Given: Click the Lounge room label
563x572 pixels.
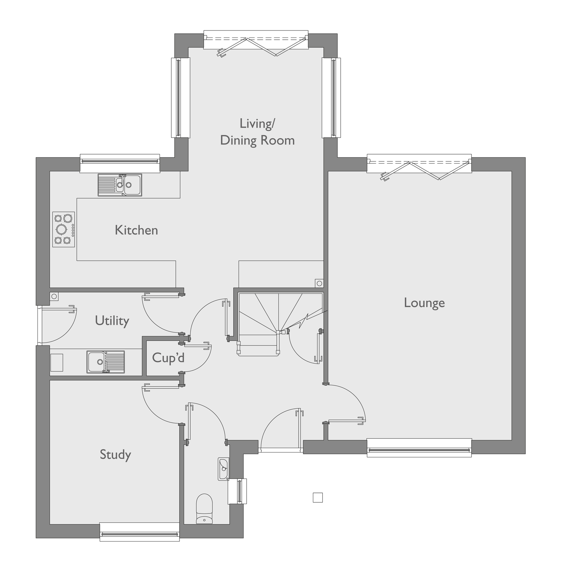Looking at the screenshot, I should [x=424, y=303].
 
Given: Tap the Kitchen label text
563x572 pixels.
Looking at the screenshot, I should [x=136, y=230].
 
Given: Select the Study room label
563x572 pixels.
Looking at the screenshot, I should [x=115, y=454].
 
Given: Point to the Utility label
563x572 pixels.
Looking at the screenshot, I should [x=112, y=321].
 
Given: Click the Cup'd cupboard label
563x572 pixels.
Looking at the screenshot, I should [x=168, y=358].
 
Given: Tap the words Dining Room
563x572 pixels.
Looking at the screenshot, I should [x=257, y=140].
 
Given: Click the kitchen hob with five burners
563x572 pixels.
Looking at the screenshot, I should [x=64, y=229].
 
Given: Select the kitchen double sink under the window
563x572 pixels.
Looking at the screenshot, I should [x=120, y=185].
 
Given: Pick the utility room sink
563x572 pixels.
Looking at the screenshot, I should [x=105, y=362].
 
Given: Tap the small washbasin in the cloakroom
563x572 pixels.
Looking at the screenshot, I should [x=223, y=469].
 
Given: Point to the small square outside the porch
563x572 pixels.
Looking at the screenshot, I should [x=317, y=497].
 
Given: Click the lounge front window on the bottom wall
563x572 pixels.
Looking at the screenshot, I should [x=419, y=448].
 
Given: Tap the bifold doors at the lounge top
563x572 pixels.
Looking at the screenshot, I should [x=419, y=167].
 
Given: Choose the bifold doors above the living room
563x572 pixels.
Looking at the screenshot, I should [x=256, y=43].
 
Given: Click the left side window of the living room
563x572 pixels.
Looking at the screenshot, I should [x=180, y=98].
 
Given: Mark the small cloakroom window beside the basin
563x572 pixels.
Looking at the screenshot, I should [x=238, y=491].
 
